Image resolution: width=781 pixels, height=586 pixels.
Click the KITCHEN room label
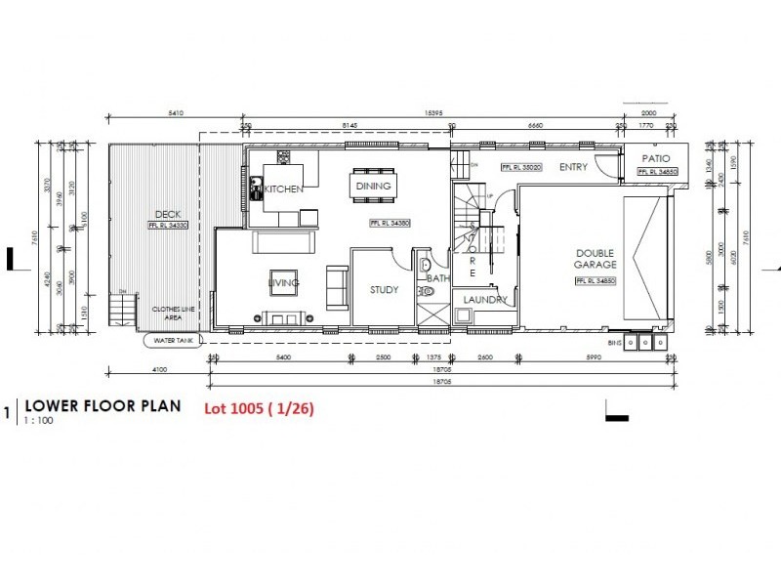coord(284,188)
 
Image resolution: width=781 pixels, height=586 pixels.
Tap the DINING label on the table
coord(373,186)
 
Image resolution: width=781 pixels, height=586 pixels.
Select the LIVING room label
coord(284,283)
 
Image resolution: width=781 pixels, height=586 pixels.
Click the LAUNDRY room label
coord(485,300)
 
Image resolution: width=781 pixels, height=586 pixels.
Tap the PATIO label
coord(654,158)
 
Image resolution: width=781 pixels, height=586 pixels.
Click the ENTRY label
coord(573,167)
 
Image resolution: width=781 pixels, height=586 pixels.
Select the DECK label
coord(168,215)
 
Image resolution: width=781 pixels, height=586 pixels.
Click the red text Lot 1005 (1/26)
coord(259,409)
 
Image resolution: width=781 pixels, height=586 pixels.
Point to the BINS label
coord(613,343)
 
